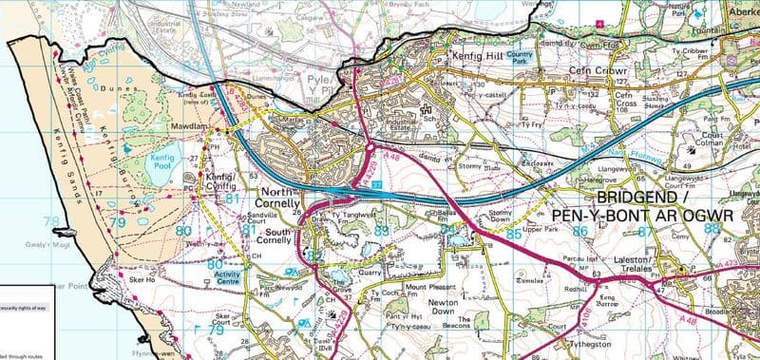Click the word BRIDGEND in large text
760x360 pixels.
(x=638, y=197)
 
